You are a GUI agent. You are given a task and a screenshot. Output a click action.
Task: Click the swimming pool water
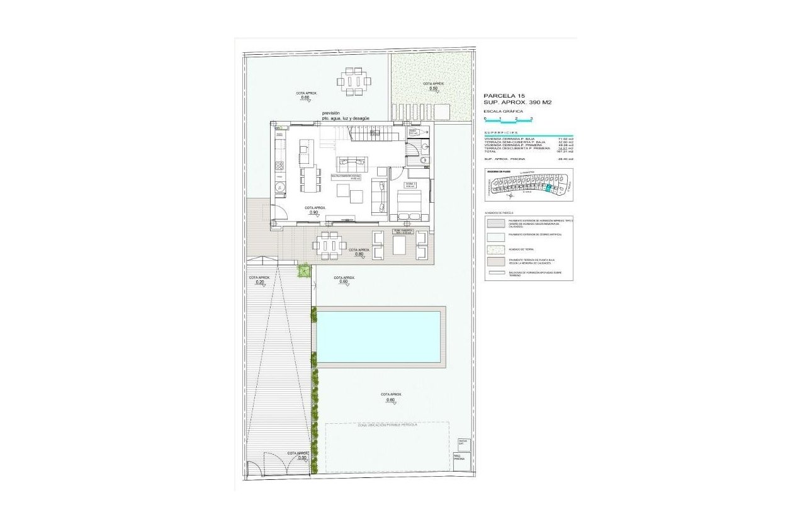378,337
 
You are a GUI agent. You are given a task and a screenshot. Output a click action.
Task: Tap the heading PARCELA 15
504,95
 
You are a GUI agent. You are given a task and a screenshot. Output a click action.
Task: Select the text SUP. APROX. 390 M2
517,102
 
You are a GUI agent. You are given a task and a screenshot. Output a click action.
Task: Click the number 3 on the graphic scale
532,118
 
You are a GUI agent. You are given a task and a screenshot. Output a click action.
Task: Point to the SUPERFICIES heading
501,133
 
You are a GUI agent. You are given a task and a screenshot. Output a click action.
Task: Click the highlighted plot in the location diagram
548,188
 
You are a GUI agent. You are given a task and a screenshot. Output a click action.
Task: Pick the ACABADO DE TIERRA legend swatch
495,249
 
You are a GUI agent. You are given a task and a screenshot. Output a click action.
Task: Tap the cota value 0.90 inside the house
313,213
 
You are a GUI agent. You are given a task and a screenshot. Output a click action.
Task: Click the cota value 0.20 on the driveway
259,283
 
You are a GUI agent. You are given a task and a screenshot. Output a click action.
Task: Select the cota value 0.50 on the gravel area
433,89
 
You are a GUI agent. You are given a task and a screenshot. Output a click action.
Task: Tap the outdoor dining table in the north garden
354,81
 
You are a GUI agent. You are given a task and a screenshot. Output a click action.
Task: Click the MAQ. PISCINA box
459,458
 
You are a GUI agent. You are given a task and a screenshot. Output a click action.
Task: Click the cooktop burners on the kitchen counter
279,166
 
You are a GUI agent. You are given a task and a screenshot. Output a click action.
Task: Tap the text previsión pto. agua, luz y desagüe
341,116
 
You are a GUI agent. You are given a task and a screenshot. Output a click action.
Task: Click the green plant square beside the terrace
303,270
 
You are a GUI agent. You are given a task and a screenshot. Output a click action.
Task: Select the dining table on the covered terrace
328,245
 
